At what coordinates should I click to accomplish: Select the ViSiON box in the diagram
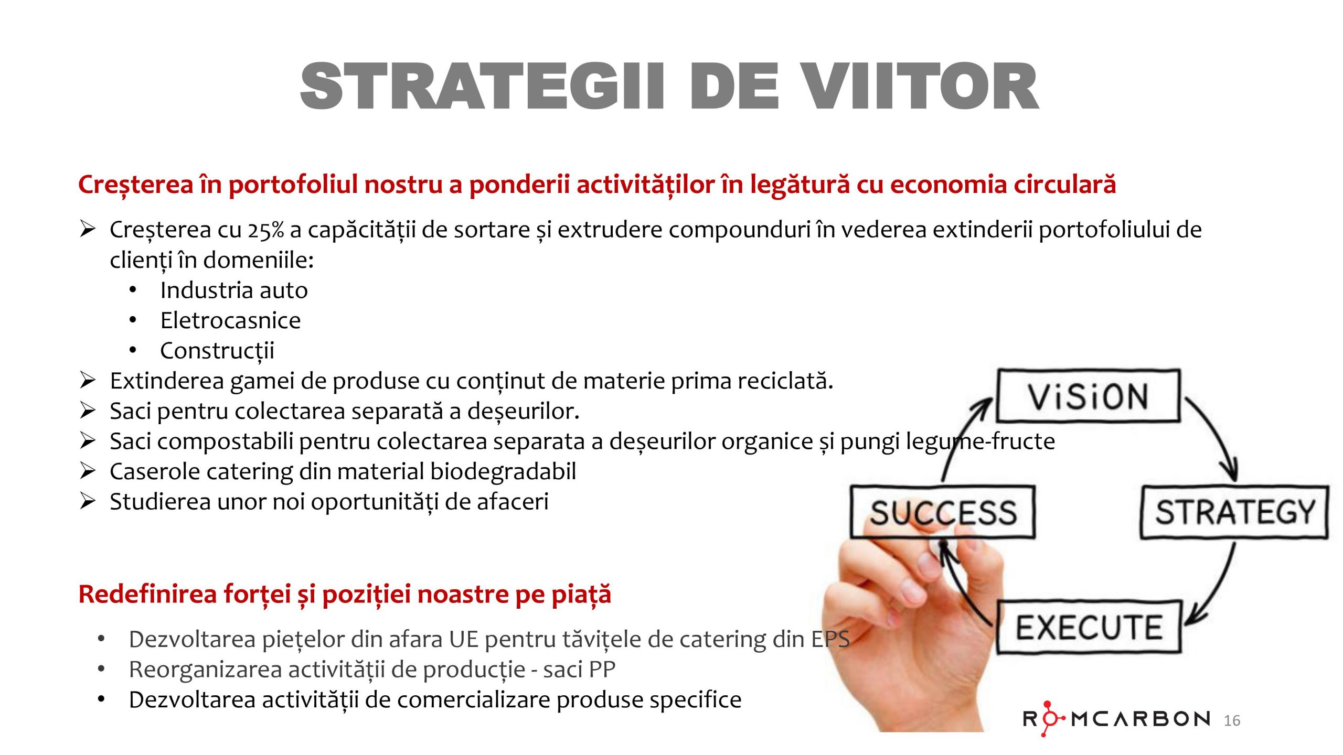[x=1089, y=396]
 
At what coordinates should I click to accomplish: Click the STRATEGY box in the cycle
[x=1235, y=512]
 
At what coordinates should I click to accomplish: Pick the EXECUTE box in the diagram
[x=1089, y=627]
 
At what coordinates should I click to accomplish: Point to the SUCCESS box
[x=943, y=512]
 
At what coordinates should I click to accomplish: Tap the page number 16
[x=1232, y=720]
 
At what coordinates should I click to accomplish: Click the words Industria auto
[x=234, y=290]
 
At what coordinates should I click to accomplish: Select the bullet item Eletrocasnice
[x=231, y=320]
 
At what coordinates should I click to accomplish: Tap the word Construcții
[x=217, y=351]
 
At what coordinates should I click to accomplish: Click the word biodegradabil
[x=503, y=471]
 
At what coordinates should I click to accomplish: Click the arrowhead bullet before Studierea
[x=87, y=501]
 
